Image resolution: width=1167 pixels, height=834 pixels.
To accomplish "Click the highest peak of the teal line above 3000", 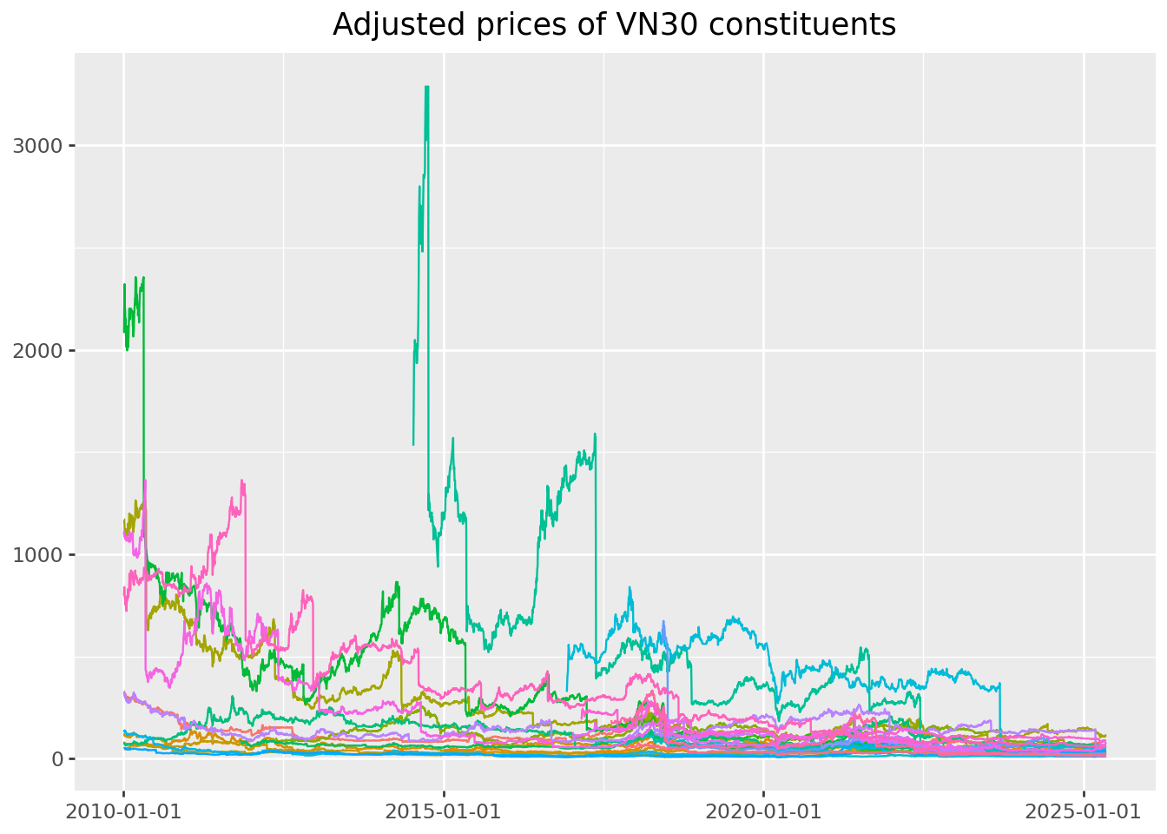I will [x=426, y=87].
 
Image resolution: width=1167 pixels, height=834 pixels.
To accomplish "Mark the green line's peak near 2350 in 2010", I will [x=142, y=278].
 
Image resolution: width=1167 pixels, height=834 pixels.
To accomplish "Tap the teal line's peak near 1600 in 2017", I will [x=595, y=434].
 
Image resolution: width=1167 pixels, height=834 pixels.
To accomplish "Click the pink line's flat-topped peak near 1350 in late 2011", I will [x=242, y=481].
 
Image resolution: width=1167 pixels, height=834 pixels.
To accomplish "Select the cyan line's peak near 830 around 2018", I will [x=630, y=588].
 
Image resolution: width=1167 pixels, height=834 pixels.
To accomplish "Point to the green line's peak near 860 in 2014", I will [x=397, y=583].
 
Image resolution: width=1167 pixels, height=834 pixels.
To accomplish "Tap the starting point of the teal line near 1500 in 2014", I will [x=413, y=444].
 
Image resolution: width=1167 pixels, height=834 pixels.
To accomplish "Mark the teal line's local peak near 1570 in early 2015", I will [x=452, y=439].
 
